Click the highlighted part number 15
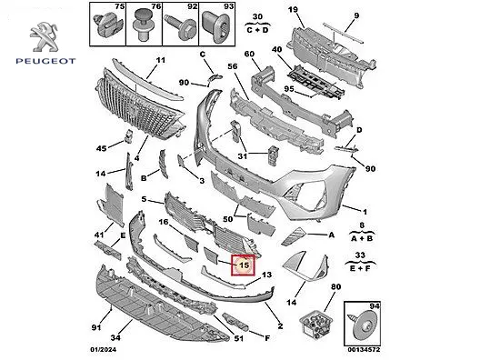click(x=244, y=265)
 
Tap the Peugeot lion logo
click(x=45, y=37)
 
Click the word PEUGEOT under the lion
click(x=45, y=61)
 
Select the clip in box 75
click(x=107, y=25)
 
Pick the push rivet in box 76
click(x=144, y=25)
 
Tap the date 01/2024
click(x=103, y=349)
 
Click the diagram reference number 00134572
click(x=364, y=349)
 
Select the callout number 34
click(x=115, y=337)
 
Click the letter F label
click(x=267, y=338)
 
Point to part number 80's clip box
click(x=316, y=325)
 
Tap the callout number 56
click(x=233, y=66)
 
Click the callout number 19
click(x=293, y=9)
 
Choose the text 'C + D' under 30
click(x=257, y=30)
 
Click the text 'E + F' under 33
click(x=360, y=268)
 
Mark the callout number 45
click(x=101, y=148)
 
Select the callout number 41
click(x=99, y=235)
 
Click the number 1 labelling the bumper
click(x=365, y=212)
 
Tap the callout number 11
click(x=160, y=60)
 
